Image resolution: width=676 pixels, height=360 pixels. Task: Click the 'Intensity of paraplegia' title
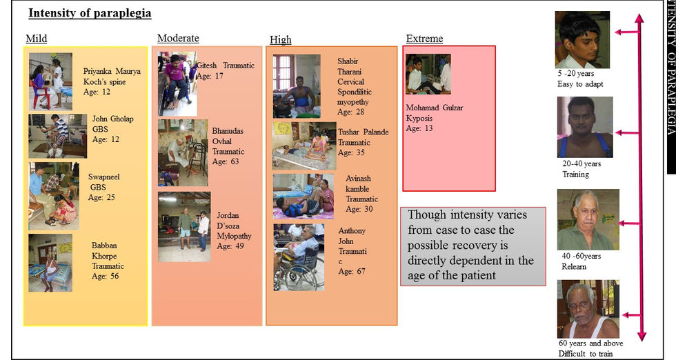tap(90, 14)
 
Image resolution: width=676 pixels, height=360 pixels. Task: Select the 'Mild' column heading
tap(36, 39)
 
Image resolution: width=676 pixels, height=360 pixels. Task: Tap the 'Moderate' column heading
tap(178, 39)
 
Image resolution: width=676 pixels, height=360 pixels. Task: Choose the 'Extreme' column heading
tap(424, 39)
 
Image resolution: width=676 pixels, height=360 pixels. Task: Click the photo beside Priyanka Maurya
tap(50, 81)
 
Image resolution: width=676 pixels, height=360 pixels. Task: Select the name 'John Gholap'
tap(112, 119)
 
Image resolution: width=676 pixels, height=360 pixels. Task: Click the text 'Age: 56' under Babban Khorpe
tap(106, 276)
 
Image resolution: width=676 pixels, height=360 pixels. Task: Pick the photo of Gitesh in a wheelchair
tap(177, 83)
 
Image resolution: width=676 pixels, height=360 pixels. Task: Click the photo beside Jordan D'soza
tap(183, 227)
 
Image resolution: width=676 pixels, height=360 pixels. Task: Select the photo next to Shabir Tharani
tap(296, 86)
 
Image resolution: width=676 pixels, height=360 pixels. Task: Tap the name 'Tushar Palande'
tap(363, 132)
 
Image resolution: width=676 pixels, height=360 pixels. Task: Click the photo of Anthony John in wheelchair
tap(299, 257)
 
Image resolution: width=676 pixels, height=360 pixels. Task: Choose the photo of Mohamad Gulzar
tap(428, 74)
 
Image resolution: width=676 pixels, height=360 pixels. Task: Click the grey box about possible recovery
tap(473, 246)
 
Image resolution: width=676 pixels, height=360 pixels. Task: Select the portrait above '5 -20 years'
tap(581, 39)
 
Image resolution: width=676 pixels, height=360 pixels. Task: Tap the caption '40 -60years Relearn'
tap(581, 260)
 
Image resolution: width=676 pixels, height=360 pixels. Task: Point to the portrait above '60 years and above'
tap(588, 308)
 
